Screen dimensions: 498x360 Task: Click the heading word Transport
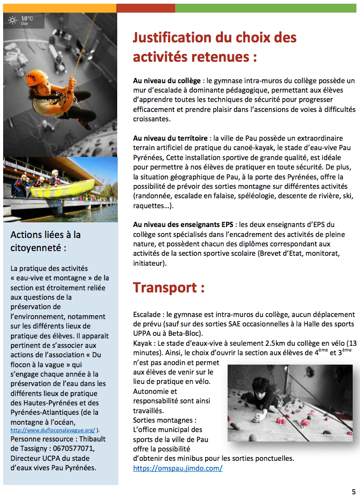[165, 288]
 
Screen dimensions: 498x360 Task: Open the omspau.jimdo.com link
[178, 468]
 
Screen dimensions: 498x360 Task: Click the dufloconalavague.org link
[52, 429]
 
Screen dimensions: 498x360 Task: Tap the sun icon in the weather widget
[13, 20]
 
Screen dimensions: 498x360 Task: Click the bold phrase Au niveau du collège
[167, 81]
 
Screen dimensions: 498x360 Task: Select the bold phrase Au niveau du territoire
[171, 138]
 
